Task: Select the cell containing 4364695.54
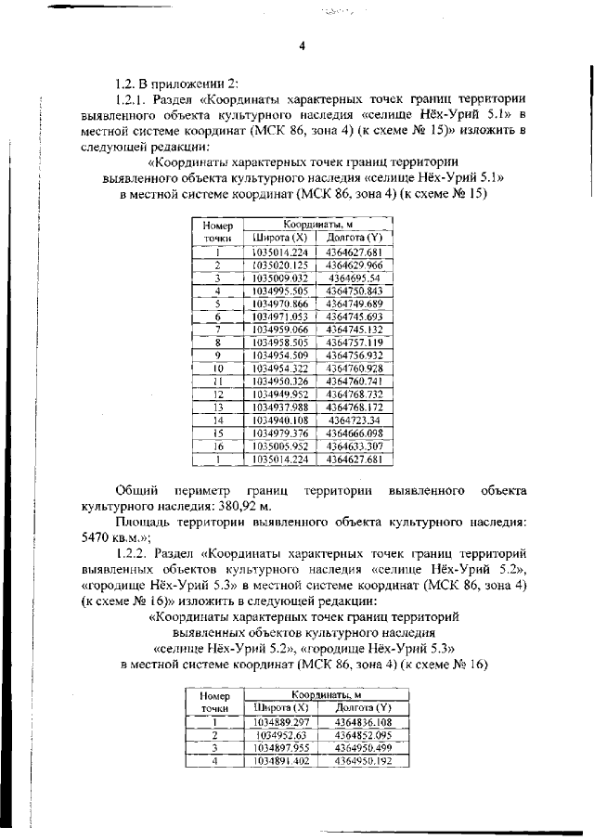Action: coord(355,278)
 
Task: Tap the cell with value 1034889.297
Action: coord(279,721)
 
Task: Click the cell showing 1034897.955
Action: coord(279,747)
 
